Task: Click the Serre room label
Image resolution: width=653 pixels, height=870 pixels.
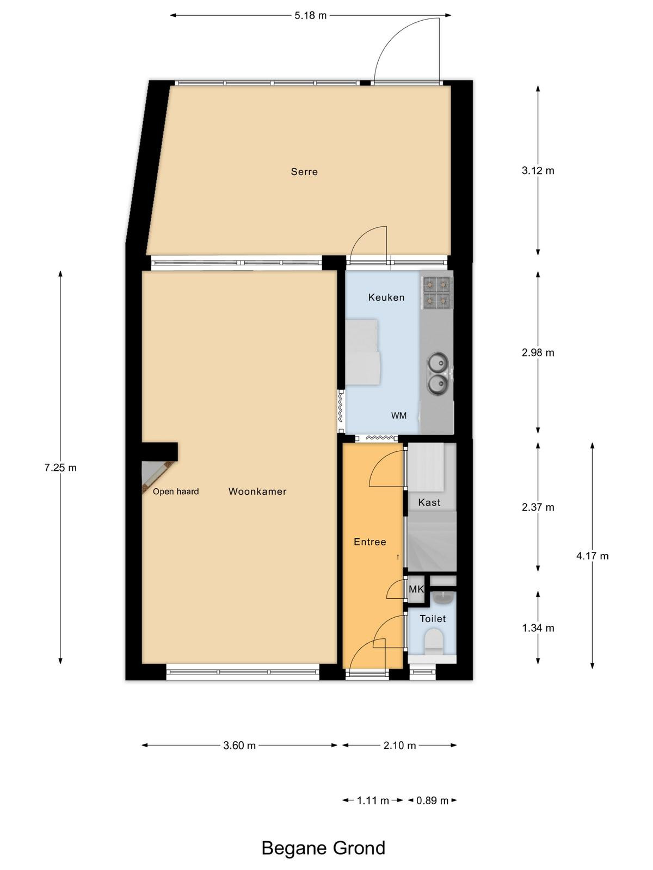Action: tap(304, 172)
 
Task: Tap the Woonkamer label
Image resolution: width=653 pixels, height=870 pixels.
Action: tap(257, 492)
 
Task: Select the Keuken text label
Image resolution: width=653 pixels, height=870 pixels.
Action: tap(386, 297)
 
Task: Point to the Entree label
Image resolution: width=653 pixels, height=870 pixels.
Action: tap(370, 542)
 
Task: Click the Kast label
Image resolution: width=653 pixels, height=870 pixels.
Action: tap(429, 502)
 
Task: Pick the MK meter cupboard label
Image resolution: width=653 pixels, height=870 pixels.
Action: tap(416, 589)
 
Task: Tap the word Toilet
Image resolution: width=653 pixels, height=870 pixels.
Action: tap(433, 619)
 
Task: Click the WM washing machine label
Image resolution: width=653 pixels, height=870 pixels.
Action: tap(399, 415)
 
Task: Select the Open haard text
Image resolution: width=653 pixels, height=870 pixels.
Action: tap(176, 492)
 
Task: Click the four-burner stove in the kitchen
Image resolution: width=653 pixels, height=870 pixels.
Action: tap(438, 293)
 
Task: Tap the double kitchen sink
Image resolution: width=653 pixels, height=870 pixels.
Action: tap(438, 372)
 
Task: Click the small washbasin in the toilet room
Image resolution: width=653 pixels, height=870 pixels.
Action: tap(442, 599)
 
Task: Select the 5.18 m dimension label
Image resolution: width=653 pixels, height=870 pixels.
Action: tap(310, 15)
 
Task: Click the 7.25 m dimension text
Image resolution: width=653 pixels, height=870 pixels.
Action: tap(60, 468)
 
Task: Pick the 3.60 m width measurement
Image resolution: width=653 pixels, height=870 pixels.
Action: tap(239, 745)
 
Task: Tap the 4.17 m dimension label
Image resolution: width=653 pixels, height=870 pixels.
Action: tap(593, 556)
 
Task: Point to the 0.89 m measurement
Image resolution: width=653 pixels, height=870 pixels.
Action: tap(432, 800)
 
